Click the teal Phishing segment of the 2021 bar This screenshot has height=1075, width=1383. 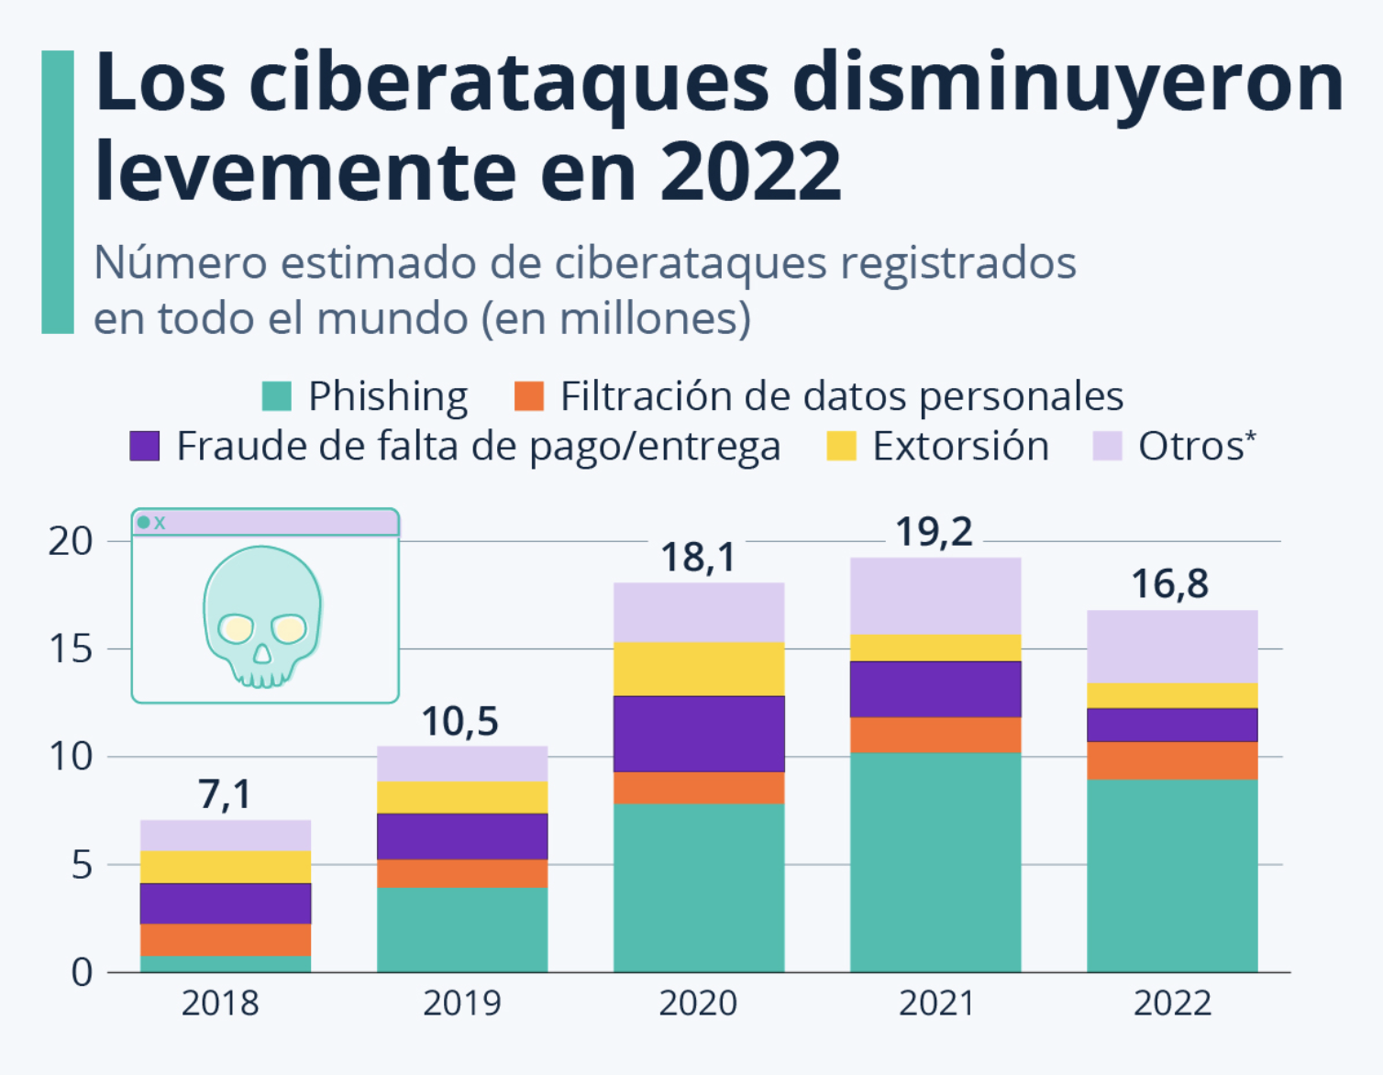pos(935,862)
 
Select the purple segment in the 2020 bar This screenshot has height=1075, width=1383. pos(699,734)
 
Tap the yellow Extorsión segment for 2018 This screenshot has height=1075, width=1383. pos(226,867)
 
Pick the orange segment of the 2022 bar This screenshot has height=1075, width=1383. pos(1172,760)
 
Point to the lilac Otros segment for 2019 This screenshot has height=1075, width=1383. pos(462,763)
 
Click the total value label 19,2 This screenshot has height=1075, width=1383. pos(934,532)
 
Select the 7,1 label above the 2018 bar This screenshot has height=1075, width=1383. pos(225,794)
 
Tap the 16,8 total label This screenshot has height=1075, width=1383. pos(1169,584)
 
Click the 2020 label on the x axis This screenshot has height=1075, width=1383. pos(698,1003)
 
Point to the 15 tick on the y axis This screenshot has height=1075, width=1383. pos(71,649)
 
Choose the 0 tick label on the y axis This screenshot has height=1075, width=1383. pos(83,972)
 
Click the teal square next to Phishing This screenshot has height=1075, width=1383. pos(277,396)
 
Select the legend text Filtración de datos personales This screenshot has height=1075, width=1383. pos(841,396)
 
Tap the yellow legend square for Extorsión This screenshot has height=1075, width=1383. pos(841,447)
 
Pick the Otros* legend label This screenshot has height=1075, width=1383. pos(1196,447)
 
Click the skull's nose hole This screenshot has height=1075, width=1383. pos(262,653)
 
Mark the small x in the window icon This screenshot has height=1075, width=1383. pos(160,523)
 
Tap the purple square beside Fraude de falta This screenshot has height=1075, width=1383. pos(145,447)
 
